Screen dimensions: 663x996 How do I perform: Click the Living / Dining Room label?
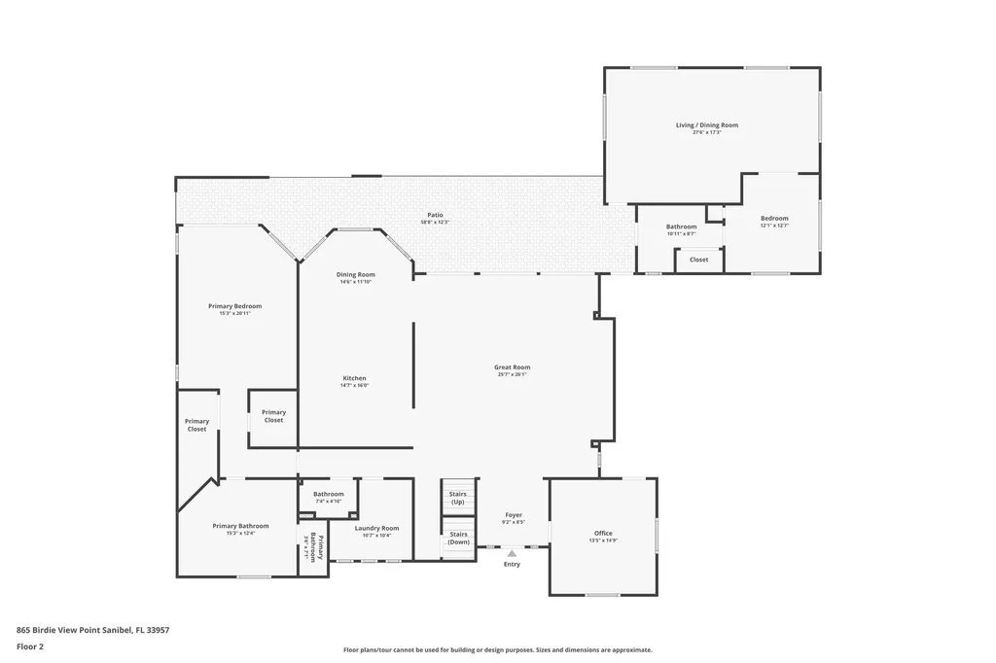pyautogui.click(x=707, y=125)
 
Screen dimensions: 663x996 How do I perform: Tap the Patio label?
pyautogui.click(x=435, y=215)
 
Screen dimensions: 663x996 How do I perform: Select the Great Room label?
pyautogui.click(x=512, y=367)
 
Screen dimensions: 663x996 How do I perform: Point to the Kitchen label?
pyautogui.click(x=354, y=378)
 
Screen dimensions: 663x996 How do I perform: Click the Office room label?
pyautogui.click(x=603, y=533)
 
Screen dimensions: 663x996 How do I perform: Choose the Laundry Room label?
pyautogui.click(x=376, y=528)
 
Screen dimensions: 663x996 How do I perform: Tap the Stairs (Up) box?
pyautogui.click(x=457, y=497)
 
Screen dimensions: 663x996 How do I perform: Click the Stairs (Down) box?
pyautogui.click(x=457, y=538)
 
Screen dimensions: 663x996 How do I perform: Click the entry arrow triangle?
pyautogui.click(x=512, y=553)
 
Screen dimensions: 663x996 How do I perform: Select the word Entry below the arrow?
pyautogui.click(x=512, y=564)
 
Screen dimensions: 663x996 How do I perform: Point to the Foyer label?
pyautogui.click(x=514, y=515)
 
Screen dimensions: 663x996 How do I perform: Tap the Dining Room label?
pyautogui.click(x=355, y=275)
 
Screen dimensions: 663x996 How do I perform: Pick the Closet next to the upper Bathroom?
pyautogui.click(x=698, y=260)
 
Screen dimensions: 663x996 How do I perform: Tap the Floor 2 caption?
pyautogui.click(x=30, y=646)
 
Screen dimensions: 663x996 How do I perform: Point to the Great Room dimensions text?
pyautogui.click(x=512, y=375)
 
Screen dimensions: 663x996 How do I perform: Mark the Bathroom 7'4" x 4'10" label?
pyautogui.click(x=328, y=494)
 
